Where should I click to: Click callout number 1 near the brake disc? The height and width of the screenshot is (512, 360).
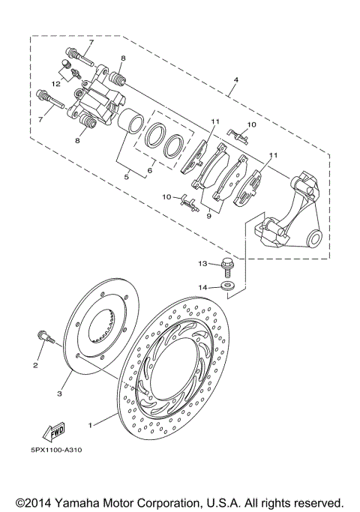click(91, 425)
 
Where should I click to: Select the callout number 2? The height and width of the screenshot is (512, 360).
click(34, 365)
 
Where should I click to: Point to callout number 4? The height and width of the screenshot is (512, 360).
click(235, 80)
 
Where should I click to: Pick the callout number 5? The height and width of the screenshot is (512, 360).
click(127, 178)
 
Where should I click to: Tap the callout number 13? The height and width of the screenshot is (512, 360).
click(202, 264)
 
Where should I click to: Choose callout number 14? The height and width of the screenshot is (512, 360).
click(202, 286)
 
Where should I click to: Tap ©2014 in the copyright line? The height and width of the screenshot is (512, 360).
click(35, 502)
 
